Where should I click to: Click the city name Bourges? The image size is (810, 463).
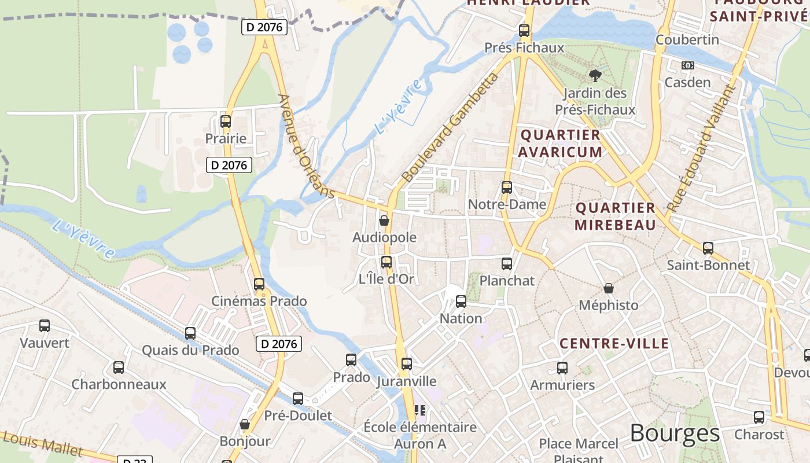(675, 433)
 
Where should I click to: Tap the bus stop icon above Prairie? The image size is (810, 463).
(226, 122)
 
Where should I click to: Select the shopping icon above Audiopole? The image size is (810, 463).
(384, 221)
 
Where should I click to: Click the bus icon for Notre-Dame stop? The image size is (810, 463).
(507, 188)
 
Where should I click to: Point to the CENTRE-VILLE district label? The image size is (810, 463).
(614, 344)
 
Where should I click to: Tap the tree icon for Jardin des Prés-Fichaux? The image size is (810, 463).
(595, 75)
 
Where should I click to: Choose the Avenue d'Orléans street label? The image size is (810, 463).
(306, 146)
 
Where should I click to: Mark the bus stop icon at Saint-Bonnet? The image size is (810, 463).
(708, 248)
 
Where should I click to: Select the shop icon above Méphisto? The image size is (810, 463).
(609, 288)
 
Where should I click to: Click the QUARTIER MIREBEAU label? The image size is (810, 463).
(616, 216)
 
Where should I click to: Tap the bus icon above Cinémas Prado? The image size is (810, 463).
(259, 284)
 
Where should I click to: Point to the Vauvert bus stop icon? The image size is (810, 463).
(45, 326)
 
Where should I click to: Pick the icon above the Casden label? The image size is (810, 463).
(688, 65)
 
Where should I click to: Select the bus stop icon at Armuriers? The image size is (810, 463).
(562, 368)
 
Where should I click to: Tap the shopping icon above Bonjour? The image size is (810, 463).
(245, 425)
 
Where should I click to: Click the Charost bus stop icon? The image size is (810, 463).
(759, 417)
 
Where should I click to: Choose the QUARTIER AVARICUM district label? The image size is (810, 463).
(559, 144)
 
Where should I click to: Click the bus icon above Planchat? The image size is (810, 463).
(507, 264)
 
